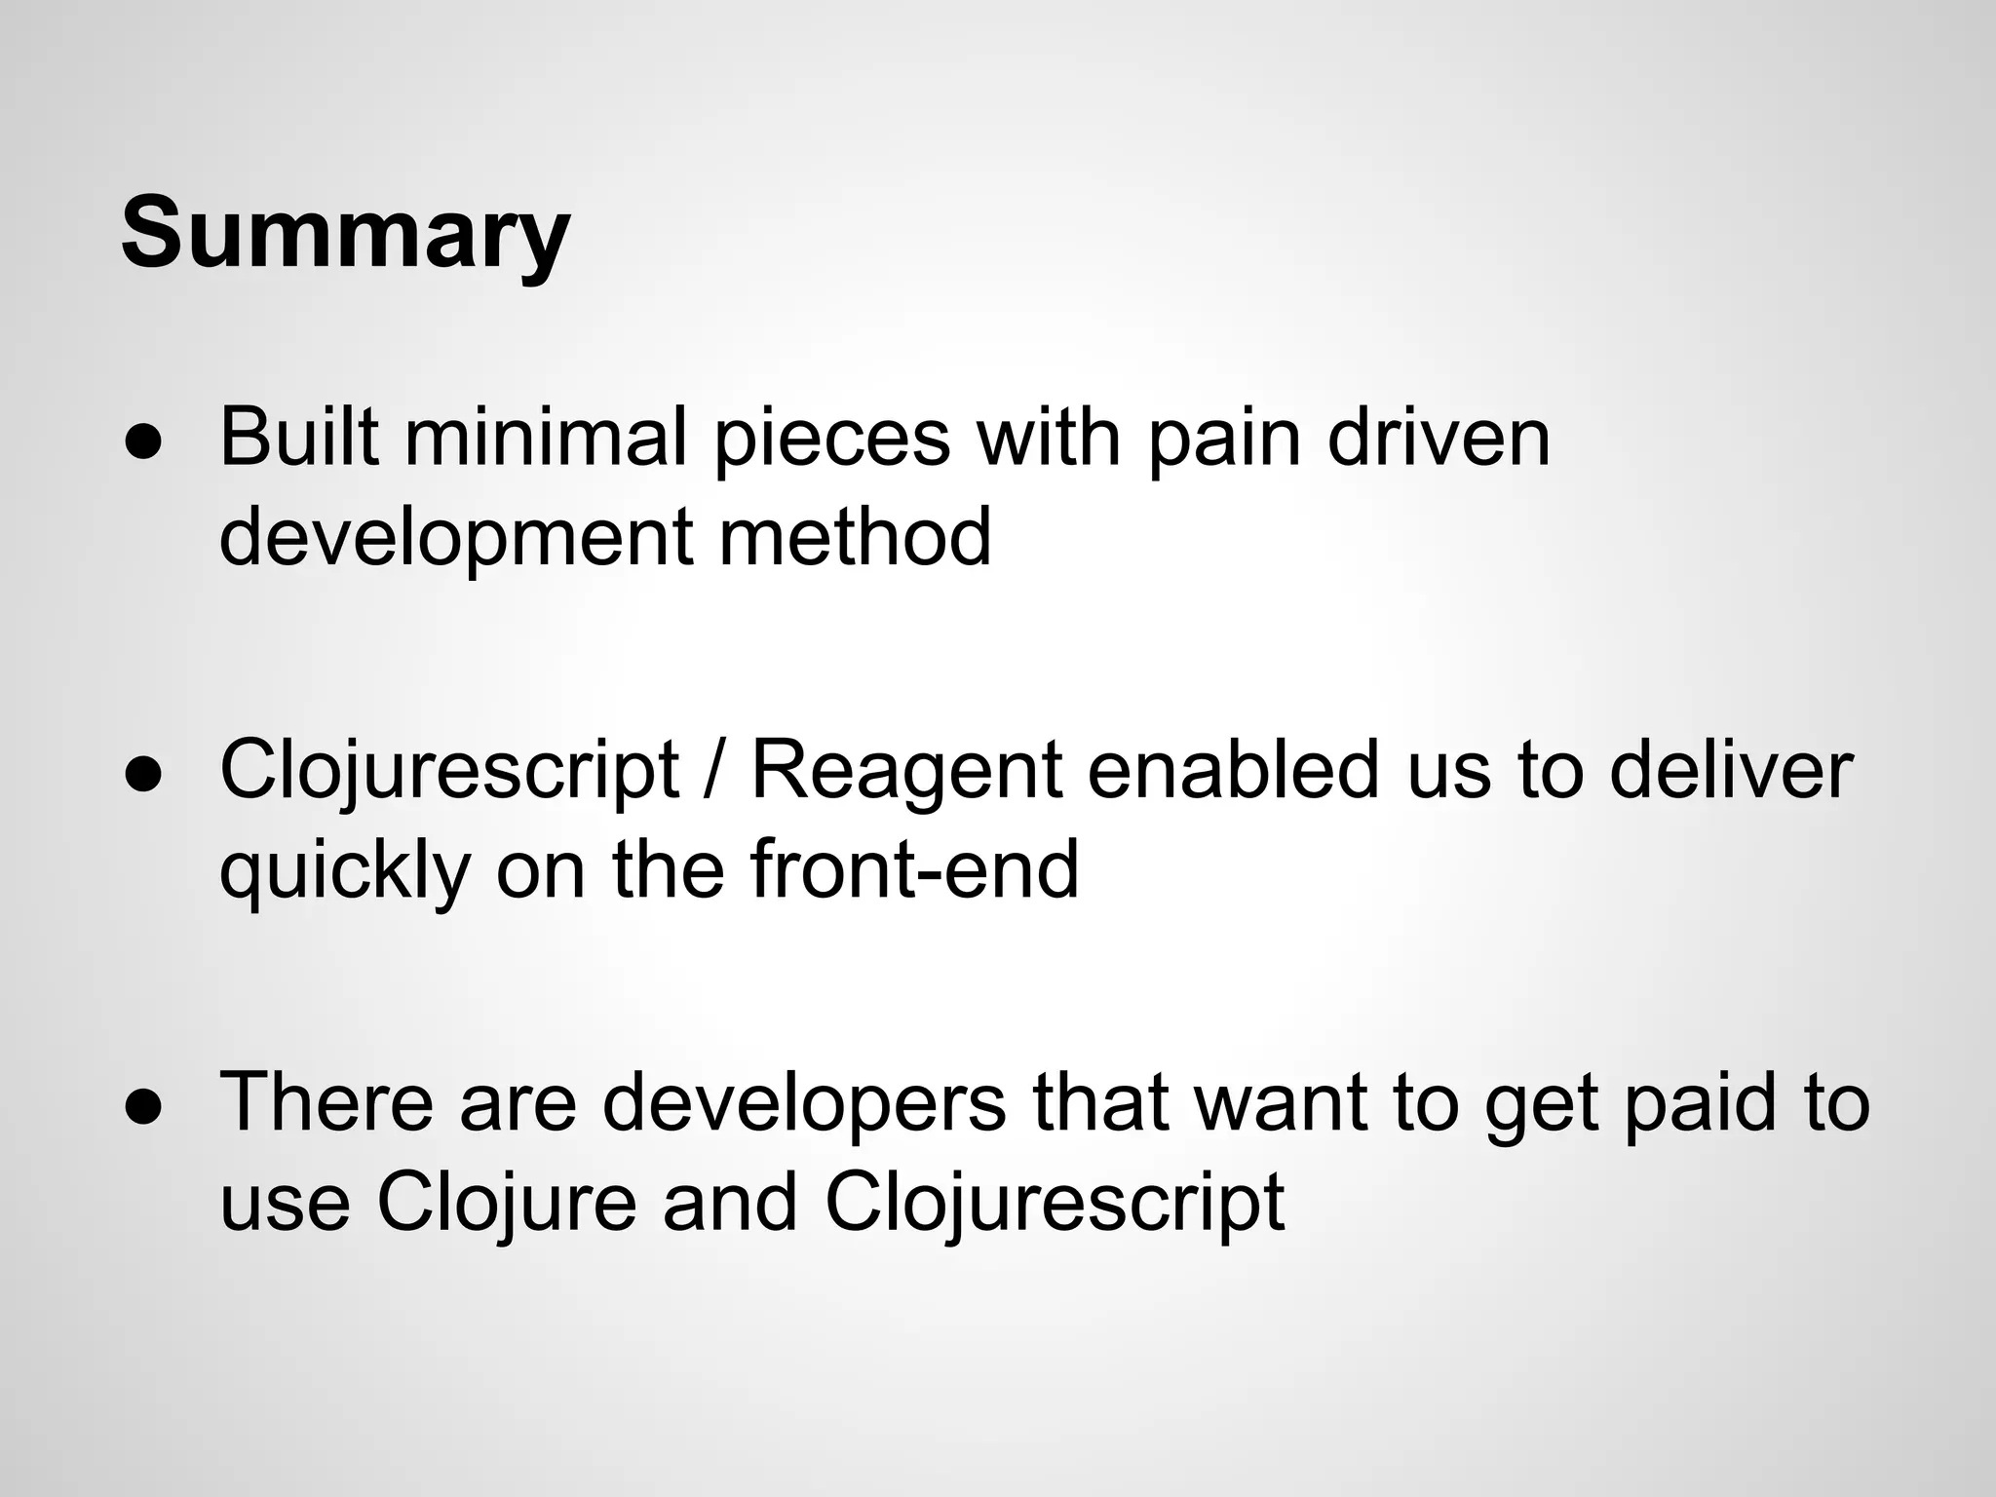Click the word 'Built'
click(x=298, y=438)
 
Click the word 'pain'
click(x=1223, y=438)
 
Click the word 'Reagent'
click(x=905, y=771)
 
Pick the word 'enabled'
click(x=1234, y=771)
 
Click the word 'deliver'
click(x=1730, y=771)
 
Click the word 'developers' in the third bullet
click(x=804, y=1103)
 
